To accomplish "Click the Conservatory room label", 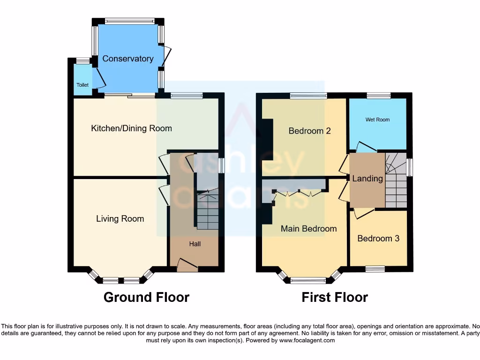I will click(x=128, y=59).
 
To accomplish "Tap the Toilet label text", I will click(x=82, y=85).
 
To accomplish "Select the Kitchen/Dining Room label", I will click(x=131, y=128).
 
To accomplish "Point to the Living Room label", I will click(x=120, y=218).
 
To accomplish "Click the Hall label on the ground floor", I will click(x=195, y=244).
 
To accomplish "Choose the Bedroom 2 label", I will click(x=309, y=131).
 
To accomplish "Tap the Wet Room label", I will click(x=377, y=120).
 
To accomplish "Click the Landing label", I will click(x=367, y=179).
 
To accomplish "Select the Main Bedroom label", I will click(x=308, y=229).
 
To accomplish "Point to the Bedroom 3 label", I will click(x=378, y=238).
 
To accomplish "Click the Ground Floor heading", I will click(x=146, y=297).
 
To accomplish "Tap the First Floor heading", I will click(x=335, y=297).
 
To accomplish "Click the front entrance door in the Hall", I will click(x=187, y=266).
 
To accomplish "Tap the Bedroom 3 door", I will click(x=364, y=214).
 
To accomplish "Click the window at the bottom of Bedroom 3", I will click(x=375, y=269).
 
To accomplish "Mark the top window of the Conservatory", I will click(x=129, y=21).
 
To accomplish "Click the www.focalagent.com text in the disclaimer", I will click(x=307, y=340).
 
